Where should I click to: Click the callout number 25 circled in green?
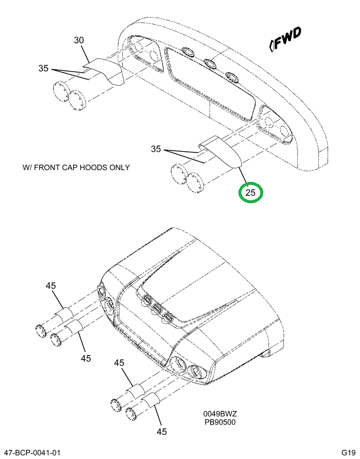click(251, 193)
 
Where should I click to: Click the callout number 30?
click(78, 40)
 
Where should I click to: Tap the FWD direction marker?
click(286, 39)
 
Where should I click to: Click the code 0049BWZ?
click(220, 414)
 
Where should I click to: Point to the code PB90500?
click(220, 422)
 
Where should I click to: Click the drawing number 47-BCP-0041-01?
click(31, 453)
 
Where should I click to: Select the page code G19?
click(348, 453)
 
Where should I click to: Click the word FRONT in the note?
click(48, 167)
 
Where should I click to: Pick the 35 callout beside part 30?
click(43, 68)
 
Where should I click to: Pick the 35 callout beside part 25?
click(156, 149)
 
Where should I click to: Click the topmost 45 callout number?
click(51, 285)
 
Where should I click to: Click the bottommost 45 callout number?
click(162, 432)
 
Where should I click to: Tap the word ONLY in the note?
click(120, 167)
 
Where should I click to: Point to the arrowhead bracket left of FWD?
click(271, 45)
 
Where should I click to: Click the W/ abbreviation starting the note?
click(28, 167)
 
